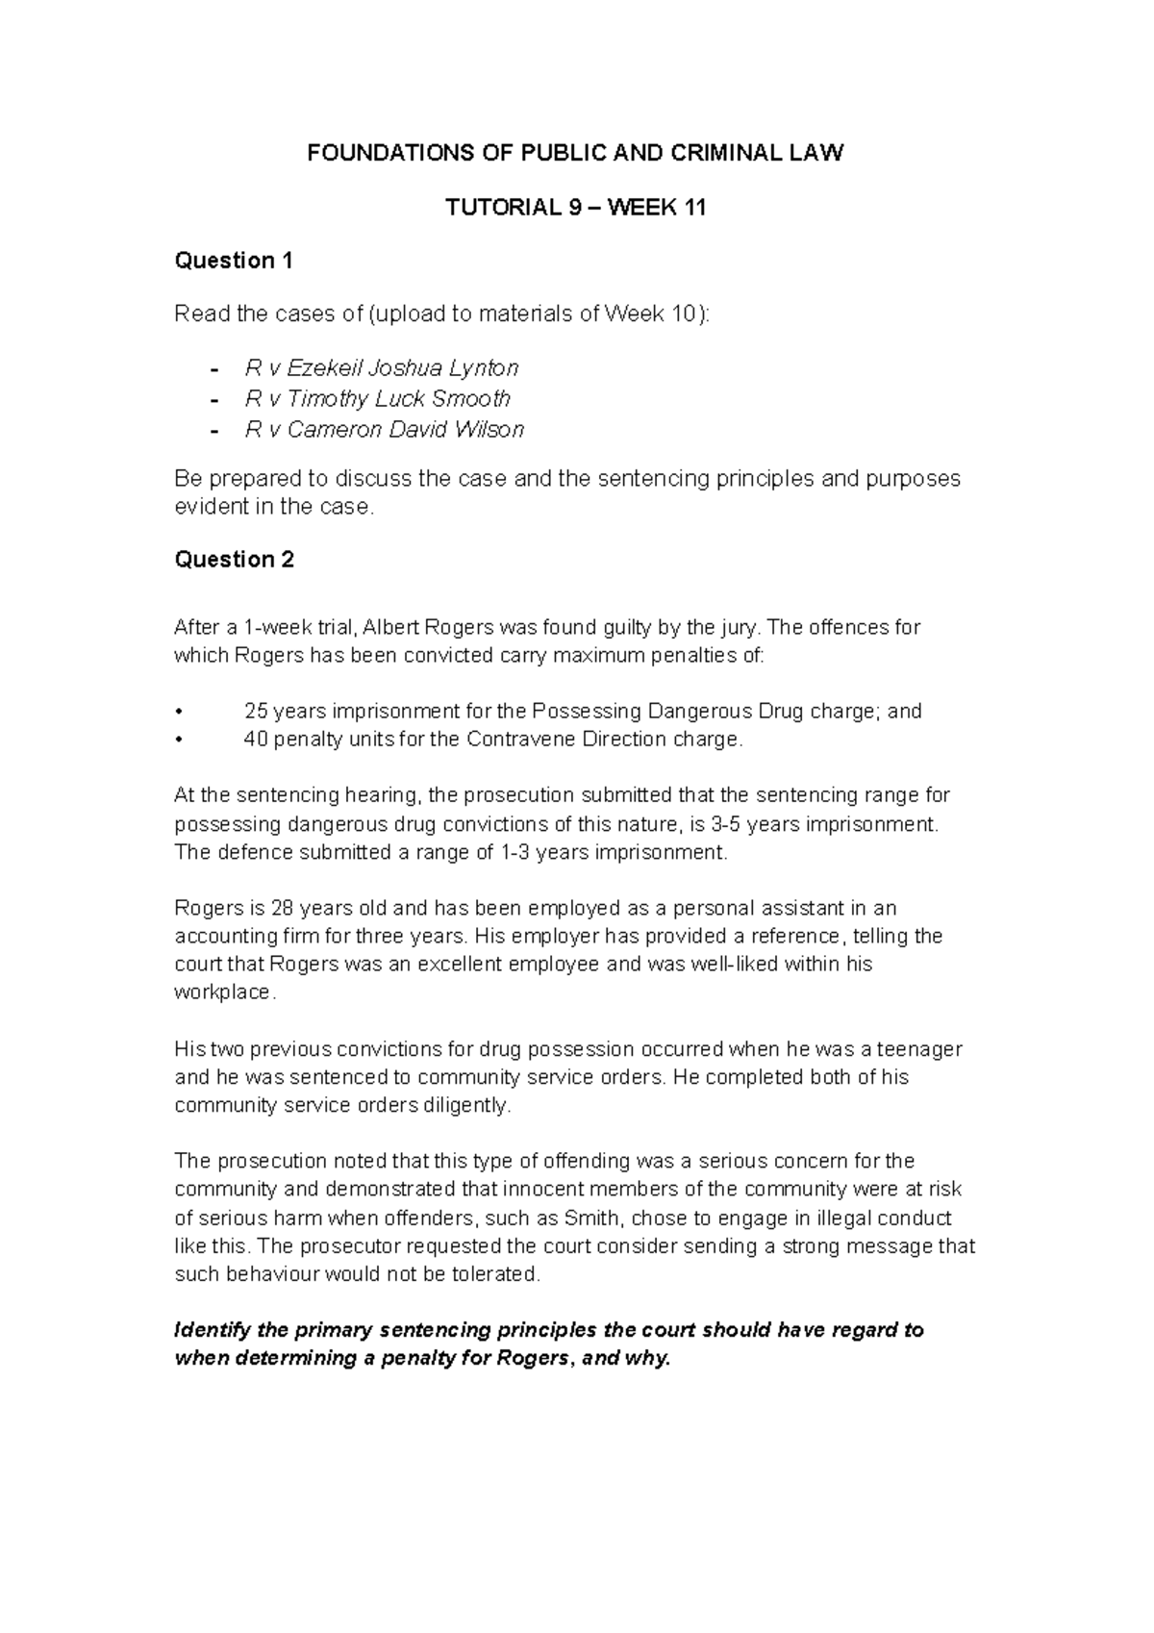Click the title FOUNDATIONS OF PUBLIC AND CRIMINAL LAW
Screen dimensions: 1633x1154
coord(575,153)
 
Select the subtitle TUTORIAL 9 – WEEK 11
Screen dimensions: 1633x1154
coord(575,207)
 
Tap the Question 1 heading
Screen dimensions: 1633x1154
coord(233,261)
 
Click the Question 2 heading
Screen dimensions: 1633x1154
coord(234,560)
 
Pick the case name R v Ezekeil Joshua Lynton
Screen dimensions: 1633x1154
coord(382,368)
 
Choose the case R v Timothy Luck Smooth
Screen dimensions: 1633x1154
coord(378,399)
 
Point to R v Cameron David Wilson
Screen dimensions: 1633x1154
coord(385,430)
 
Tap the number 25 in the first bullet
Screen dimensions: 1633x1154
coord(257,712)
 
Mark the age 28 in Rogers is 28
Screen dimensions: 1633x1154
coord(283,908)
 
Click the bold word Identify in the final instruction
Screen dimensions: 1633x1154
coord(212,1331)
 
